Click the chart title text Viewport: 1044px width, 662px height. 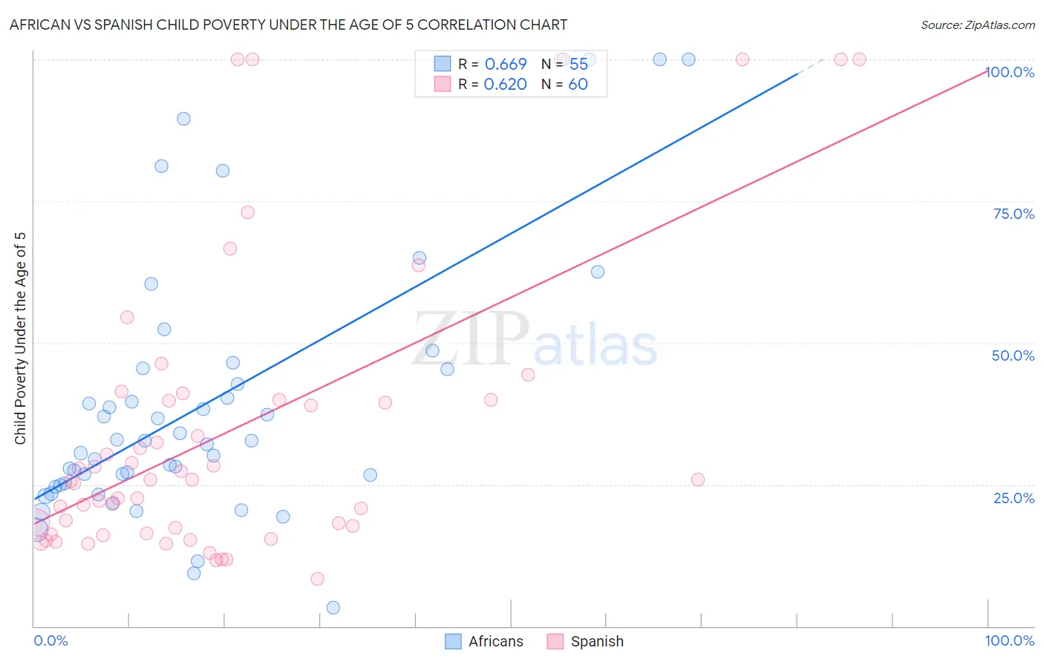[288, 24]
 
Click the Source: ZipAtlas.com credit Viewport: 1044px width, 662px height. [977, 24]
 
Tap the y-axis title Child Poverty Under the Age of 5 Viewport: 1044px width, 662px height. [21, 338]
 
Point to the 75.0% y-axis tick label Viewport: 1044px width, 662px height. [1013, 214]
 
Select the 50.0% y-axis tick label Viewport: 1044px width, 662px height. [1013, 355]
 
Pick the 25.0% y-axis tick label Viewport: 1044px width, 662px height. [1013, 498]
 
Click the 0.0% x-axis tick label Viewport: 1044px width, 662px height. [50, 640]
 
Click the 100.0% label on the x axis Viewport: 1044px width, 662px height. [1009, 640]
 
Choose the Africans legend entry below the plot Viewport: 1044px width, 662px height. [484, 641]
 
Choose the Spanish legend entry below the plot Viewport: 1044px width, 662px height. [586, 641]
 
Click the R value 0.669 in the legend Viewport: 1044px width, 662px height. [506, 64]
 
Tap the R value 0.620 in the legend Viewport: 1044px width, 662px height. [505, 84]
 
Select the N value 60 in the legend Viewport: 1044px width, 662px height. [578, 84]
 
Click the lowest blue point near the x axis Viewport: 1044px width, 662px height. [333, 608]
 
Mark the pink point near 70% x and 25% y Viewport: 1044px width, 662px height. [698, 479]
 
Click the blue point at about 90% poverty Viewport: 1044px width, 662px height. [183, 119]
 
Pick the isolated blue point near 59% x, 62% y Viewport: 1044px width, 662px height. [598, 272]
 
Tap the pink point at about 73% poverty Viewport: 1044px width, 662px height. [248, 212]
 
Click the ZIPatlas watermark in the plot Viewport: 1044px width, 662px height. [535, 339]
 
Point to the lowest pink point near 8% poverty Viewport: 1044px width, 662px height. [317, 579]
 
